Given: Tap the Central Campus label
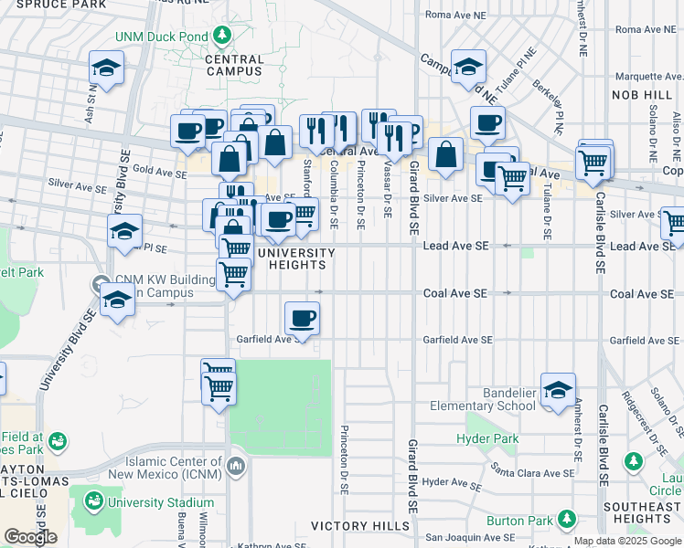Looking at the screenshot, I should (x=234, y=65).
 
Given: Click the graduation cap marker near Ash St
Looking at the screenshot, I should (x=106, y=68).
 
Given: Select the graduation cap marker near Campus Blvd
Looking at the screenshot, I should (x=468, y=66).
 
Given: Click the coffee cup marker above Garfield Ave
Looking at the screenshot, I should (x=302, y=319).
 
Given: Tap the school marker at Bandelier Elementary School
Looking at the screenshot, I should (x=558, y=390).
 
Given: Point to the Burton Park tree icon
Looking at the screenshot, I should (x=567, y=520).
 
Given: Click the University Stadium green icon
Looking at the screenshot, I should (x=93, y=501).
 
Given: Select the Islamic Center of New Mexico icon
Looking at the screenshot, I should (x=236, y=467).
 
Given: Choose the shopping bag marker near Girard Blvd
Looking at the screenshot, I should (x=445, y=154).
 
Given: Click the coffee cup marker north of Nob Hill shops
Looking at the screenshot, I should (x=486, y=122).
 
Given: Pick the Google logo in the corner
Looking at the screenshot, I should (x=30, y=537).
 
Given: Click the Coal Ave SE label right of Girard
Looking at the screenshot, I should (x=455, y=293).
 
